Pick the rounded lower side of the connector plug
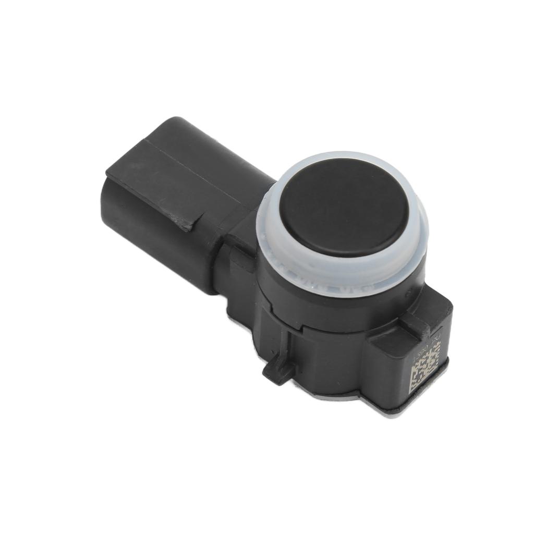click(156, 250)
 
